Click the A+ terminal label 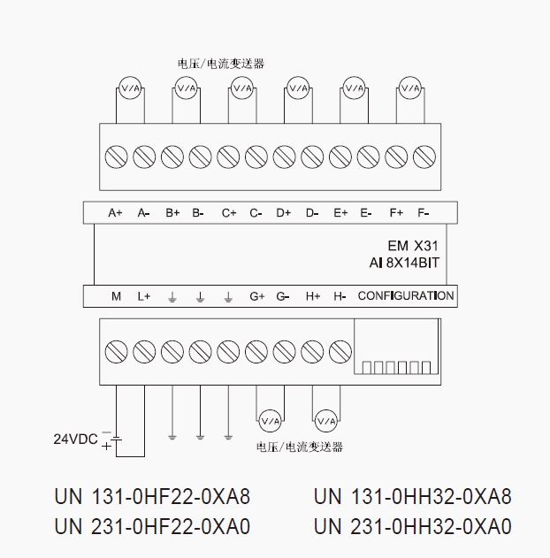(115, 213)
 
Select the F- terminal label (424, 213)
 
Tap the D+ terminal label (284, 213)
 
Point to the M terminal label (116, 296)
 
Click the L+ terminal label (144, 296)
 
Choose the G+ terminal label (257, 296)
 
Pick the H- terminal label (340, 296)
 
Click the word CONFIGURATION (406, 295)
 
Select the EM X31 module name (413, 247)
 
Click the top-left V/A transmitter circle (130, 88)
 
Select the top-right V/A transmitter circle (409, 88)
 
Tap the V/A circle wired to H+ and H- (325, 418)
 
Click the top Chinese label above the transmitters (221, 64)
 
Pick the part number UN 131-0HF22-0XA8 (152, 497)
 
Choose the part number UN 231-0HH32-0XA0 (412, 527)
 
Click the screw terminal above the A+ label (116, 157)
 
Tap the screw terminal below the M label (116, 351)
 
